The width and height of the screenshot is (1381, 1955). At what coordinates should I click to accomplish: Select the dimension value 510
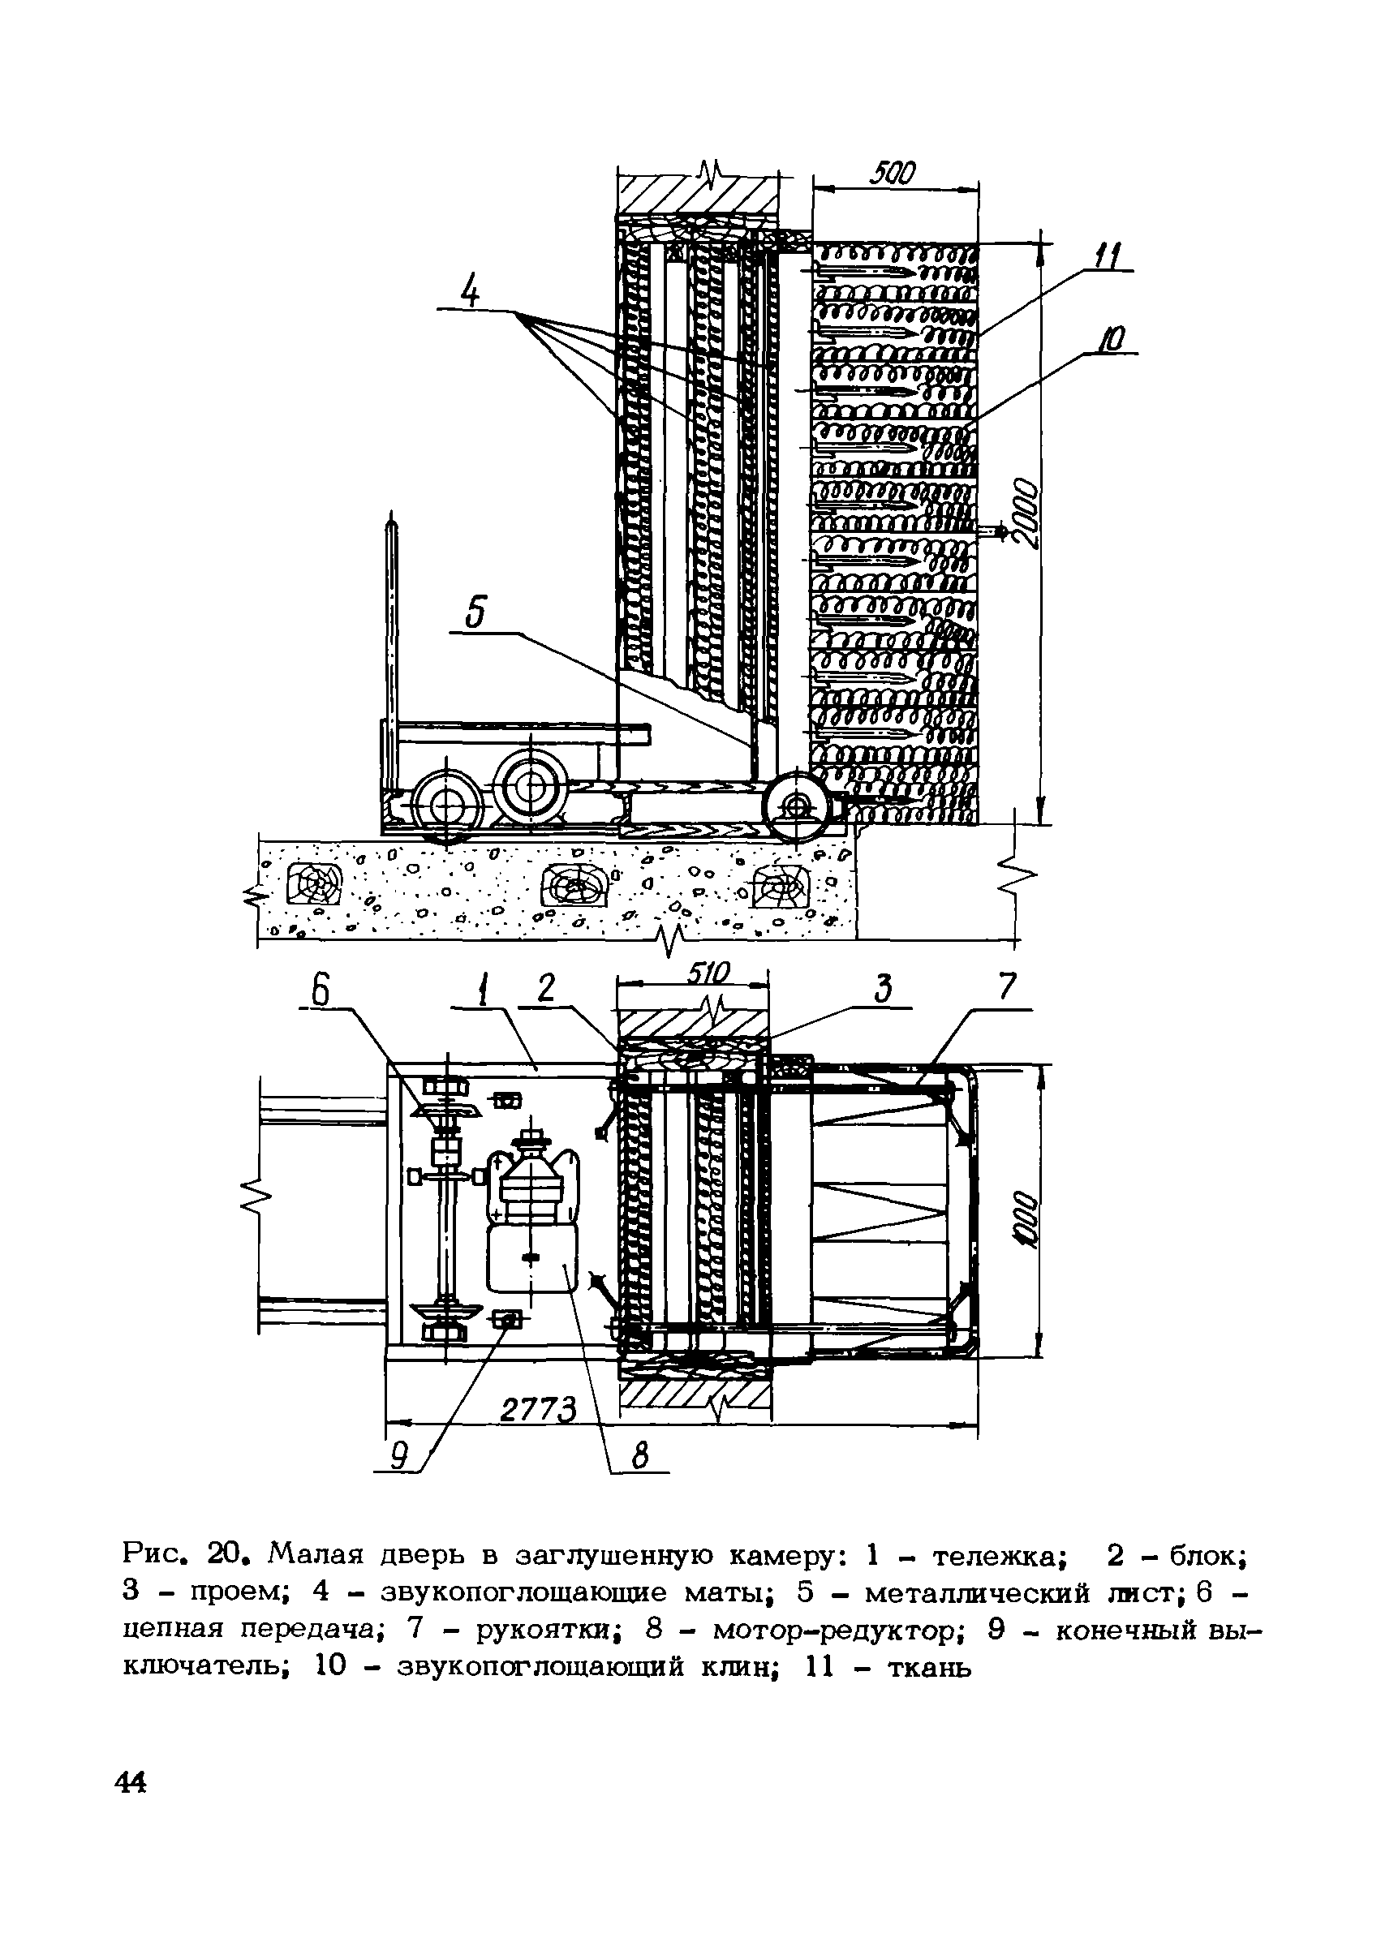coord(710,973)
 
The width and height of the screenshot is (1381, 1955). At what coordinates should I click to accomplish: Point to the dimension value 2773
coord(539,1411)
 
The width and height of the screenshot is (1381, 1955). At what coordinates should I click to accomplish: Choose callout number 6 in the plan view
coord(321,992)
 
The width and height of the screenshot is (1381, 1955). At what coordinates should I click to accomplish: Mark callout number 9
coord(397,1459)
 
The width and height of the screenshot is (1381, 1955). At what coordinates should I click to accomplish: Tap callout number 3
coord(883,990)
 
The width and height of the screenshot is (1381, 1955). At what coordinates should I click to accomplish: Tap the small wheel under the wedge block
coord(796,805)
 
